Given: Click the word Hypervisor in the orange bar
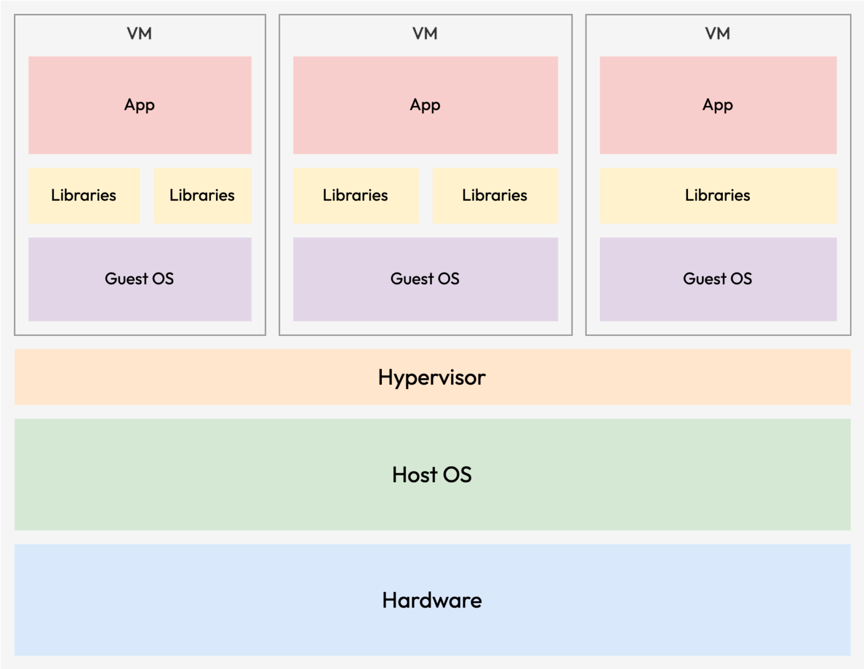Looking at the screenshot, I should click(431, 378).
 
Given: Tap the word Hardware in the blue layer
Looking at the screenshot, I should click(431, 600).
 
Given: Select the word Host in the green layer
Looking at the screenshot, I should click(415, 475).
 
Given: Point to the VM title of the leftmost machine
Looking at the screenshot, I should click(139, 34).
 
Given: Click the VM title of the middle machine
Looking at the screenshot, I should click(425, 34).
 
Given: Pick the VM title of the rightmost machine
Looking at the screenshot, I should click(718, 34).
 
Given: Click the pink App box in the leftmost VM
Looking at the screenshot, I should click(139, 105).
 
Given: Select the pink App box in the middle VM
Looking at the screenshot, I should click(425, 105).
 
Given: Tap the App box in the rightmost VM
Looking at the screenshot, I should click(718, 105).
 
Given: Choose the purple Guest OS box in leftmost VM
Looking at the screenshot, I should click(139, 279).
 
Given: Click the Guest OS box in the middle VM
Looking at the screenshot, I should click(425, 279).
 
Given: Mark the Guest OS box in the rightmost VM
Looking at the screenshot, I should click(718, 279).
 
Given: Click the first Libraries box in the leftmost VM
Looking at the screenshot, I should click(84, 195).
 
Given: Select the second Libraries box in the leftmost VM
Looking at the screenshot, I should click(202, 195).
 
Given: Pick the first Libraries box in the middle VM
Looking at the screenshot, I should click(355, 195).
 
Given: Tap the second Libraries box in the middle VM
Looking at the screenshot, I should click(495, 195).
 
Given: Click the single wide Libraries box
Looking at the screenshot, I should click(718, 195).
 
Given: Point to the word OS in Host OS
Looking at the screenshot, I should click(457, 475).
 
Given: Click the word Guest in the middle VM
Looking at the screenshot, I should click(412, 279).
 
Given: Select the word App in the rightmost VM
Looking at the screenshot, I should click(718, 105).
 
